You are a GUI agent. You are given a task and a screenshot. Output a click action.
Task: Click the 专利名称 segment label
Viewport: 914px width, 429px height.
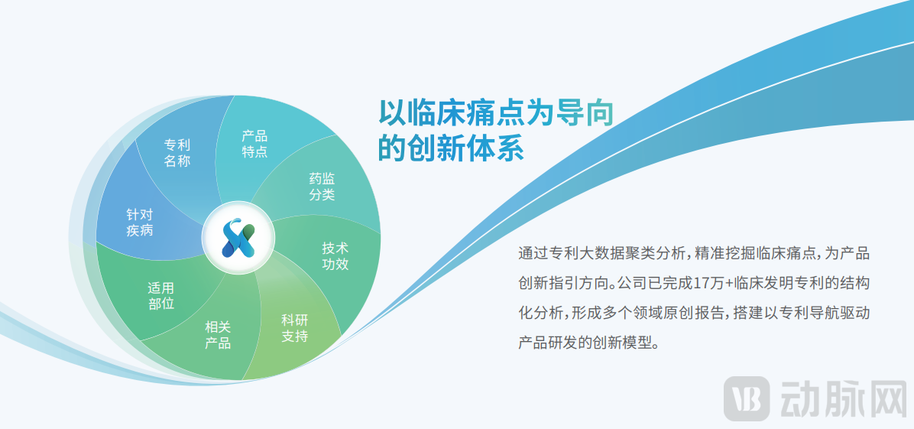pos(177,152)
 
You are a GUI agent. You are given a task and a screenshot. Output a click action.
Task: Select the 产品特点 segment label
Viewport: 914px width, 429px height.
pos(254,144)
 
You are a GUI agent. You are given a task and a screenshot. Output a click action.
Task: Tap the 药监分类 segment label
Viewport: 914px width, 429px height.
pos(322,186)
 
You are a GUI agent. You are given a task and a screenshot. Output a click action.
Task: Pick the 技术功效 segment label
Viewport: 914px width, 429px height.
pos(335,256)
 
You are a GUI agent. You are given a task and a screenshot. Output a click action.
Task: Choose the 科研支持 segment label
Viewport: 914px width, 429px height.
pos(294,327)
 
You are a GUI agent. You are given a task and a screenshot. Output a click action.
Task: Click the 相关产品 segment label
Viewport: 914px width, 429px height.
pos(218,335)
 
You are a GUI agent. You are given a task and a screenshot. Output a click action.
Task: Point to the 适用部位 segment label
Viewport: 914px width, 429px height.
pos(160,296)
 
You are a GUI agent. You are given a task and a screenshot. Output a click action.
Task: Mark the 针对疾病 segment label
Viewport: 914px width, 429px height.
pos(139,223)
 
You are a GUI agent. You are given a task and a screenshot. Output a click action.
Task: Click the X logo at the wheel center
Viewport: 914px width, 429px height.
pos(237,239)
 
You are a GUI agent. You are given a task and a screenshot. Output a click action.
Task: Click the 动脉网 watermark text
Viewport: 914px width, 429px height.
pos(839,398)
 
